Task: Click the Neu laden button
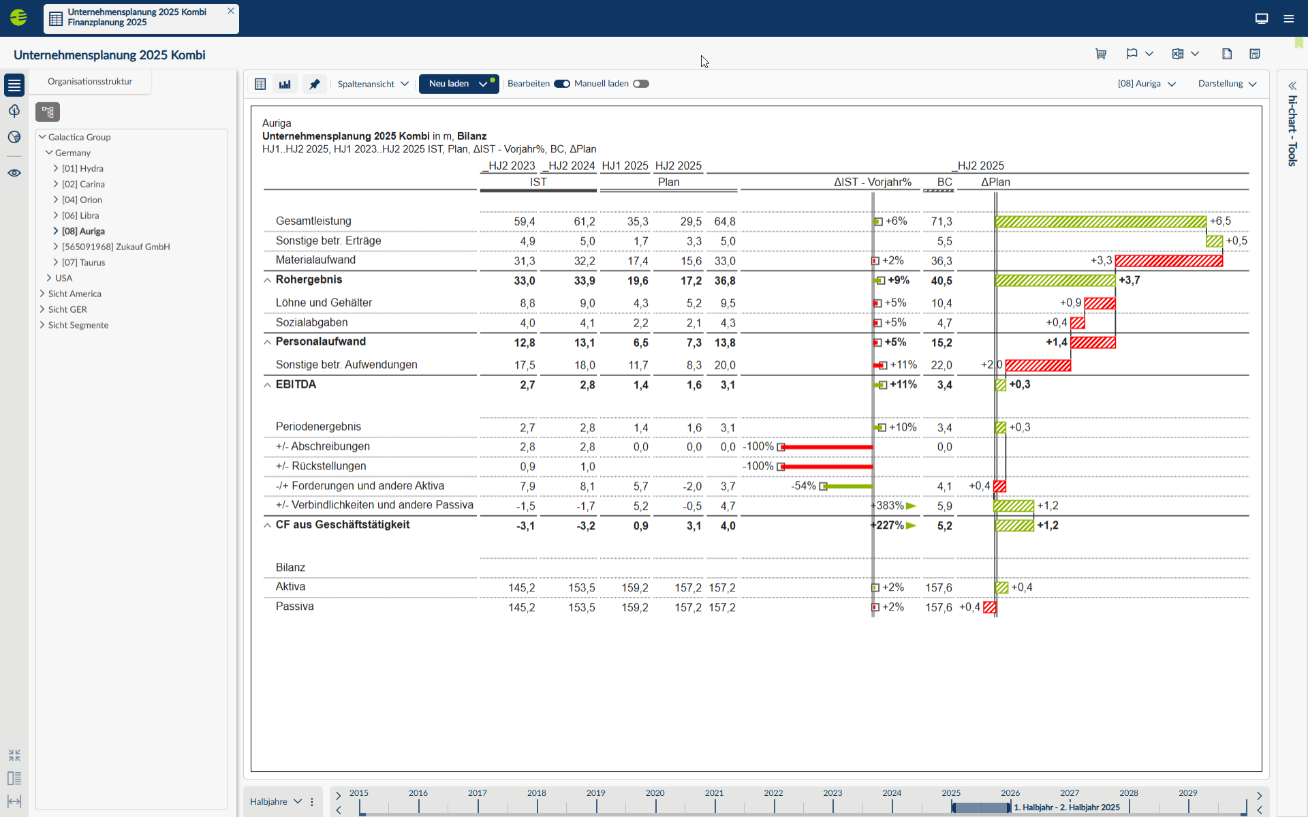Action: pyautogui.click(x=449, y=84)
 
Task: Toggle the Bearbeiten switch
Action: pyautogui.click(x=561, y=84)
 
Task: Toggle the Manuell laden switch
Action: pyautogui.click(x=640, y=84)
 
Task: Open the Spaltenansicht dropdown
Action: pyautogui.click(x=373, y=84)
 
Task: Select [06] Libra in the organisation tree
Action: pyautogui.click(x=80, y=215)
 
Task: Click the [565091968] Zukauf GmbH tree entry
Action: pyautogui.click(x=116, y=247)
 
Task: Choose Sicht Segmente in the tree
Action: pyautogui.click(x=78, y=325)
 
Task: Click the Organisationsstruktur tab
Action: pyautogui.click(x=90, y=81)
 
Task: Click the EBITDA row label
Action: pyautogui.click(x=296, y=384)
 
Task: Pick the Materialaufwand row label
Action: pyautogui.click(x=315, y=260)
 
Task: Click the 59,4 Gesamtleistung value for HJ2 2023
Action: pyautogui.click(x=524, y=221)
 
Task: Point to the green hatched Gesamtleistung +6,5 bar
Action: pyautogui.click(x=1100, y=221)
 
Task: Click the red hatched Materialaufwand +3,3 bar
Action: pyautogui.click(x=1168, y=260)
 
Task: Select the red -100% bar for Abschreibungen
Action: pyautogui.click(x=828, y=447)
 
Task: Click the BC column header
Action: pyautogui.click(x=944, y=182)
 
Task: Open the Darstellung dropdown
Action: pyautogui.click(x=1227, y=84)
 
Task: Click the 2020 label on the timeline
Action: pyautogui.click(x=655, y=793)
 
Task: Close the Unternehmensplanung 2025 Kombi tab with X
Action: pyautogui.click(x=231, y=11)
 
